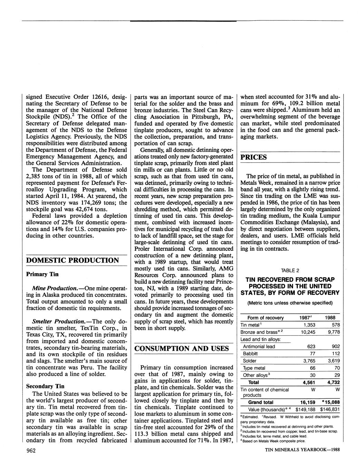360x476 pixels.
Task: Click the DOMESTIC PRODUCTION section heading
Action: (x=72, y=260)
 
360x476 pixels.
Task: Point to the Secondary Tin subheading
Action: (x=45, y=386)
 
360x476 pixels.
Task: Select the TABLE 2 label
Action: (x=290, y=270)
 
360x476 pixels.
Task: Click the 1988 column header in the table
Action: (x=330, y=318)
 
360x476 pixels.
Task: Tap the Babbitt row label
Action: (x=250, y=354)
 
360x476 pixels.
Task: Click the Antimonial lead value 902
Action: (x=333, y=346)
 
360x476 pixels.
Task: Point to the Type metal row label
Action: (x=254, y=368)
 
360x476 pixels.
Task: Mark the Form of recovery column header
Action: (x=265, y=318)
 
